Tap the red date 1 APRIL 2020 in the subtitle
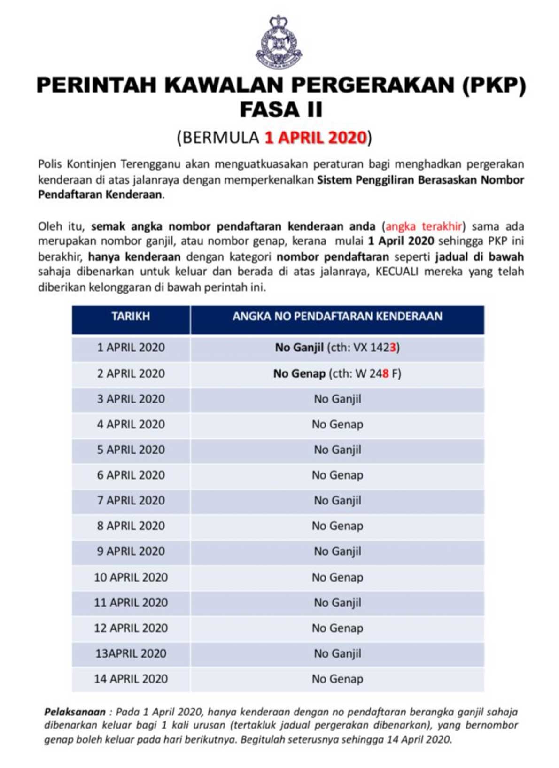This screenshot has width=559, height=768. click(315, 138)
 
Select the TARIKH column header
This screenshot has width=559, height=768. click(131, 317)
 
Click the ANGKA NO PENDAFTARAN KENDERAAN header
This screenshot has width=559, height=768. click(337, 317)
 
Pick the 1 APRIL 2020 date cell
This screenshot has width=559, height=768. click(131, 348)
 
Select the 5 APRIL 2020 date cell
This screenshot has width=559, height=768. click(131, 450)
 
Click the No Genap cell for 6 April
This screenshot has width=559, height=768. click(337, 475)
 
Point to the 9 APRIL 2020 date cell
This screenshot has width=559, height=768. click(131, 551)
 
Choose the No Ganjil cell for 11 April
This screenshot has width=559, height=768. click(337, 603)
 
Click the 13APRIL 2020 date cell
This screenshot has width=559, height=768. click(131, 654)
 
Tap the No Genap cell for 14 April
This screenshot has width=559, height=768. click(337, 679)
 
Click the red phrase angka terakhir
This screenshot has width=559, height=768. click(424, 227)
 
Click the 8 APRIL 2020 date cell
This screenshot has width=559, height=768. click(131, 526)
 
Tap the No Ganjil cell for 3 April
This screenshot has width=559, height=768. click(337, 399)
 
